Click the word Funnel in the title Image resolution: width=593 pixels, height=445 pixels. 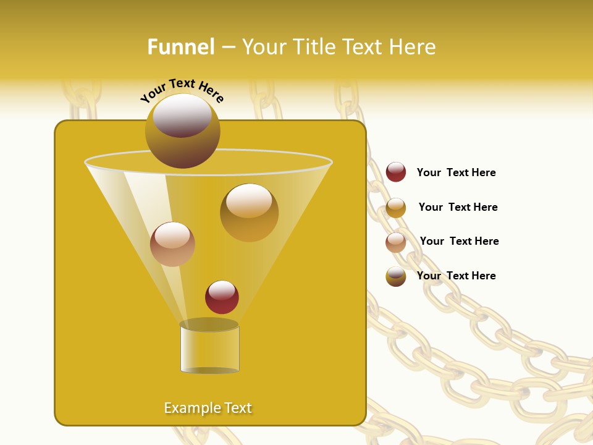coord(180,46)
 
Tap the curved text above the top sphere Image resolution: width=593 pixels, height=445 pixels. coord(182,90)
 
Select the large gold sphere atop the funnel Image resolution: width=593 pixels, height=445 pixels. coord(182,131)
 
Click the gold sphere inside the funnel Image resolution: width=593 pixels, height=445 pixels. coord(249,213)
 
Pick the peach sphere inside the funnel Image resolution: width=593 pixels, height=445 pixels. coord(172,244)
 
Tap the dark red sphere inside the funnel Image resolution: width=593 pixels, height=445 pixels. coord(222,298)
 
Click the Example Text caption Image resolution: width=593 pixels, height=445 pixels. coord(208,408)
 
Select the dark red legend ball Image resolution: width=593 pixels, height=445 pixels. coord(396,172)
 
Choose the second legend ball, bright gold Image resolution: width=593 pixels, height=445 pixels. coord(396,208)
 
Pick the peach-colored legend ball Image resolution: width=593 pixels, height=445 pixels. coord(396,242)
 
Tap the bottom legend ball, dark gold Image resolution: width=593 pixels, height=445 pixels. coord(396,276)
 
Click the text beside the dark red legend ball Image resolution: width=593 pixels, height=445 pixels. coord(456,172)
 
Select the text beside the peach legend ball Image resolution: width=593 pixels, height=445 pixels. coord(459,241)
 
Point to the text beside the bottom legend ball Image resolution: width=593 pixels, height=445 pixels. coord(456,276)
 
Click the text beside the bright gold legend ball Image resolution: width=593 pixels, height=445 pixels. coord(458,207)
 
